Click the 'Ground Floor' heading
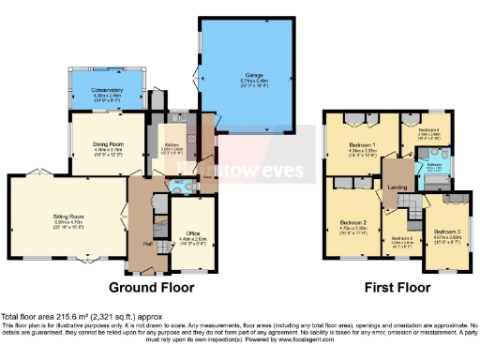click(153, 287)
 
